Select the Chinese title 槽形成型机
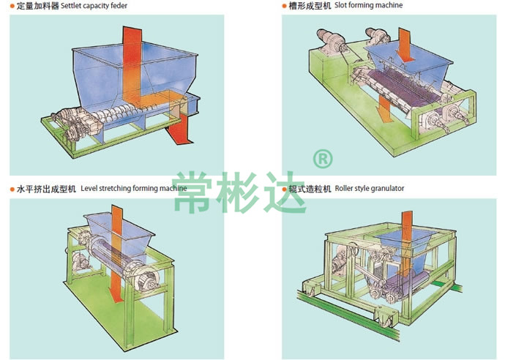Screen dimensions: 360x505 point(308,6)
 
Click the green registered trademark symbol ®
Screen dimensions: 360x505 point(322,159)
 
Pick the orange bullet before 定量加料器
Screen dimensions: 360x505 point(11,6)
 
